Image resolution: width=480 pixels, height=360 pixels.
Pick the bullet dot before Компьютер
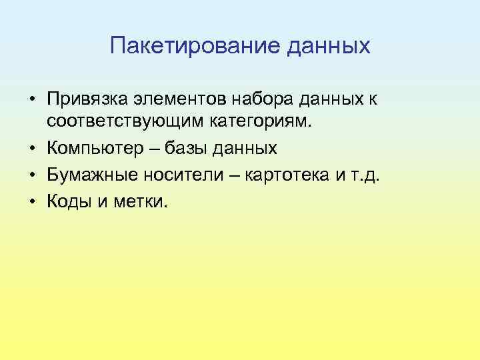pyautogui.click(x=33, y=145)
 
